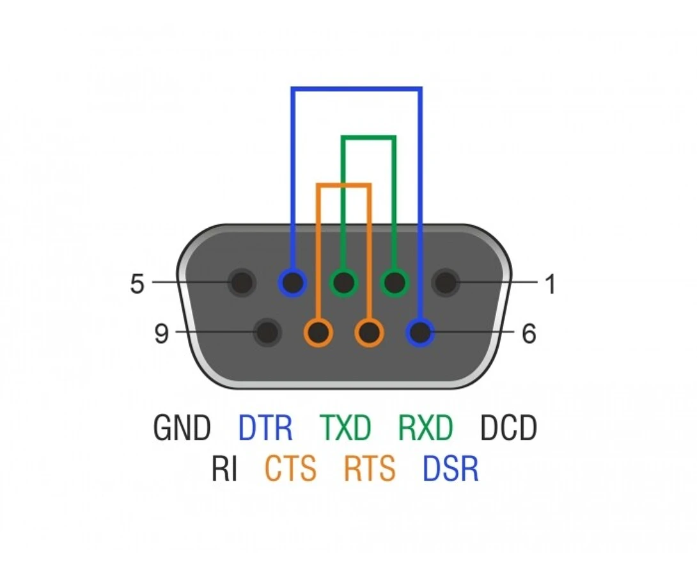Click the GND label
[182, 428]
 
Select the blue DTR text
[265, 428]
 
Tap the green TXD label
[345, 428]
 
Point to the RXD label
[425, 428]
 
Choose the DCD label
[508, 428]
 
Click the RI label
[224, 468]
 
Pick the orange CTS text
[290, 468]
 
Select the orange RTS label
[370, 468]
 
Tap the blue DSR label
[450, 468]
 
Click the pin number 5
[137, 284]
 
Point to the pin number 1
[551, 284]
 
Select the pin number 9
[161, 333]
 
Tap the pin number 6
[529, 333]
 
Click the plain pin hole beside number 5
[242, 282]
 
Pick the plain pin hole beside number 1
[446, 282]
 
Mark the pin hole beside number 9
[267, 332]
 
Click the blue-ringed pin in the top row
[292, 282]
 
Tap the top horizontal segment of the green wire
[368, 138]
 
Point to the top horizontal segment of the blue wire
[357, 89]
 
